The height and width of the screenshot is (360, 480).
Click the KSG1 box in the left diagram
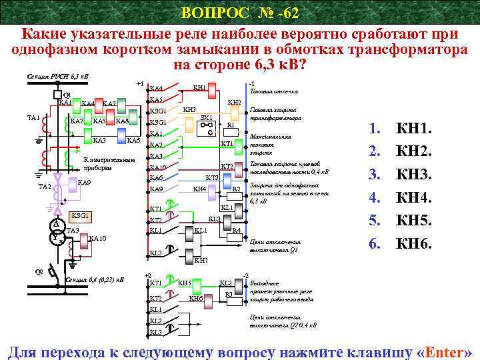coord(81,216)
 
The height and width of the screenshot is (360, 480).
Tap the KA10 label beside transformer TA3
coord(97,238)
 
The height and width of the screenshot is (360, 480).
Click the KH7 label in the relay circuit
coord(201,259)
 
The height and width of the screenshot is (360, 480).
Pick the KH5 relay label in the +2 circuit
coord(185,283)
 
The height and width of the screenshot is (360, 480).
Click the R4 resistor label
coord(236,230)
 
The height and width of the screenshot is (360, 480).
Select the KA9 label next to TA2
coord(85,182)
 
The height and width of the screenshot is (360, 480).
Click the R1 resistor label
coord(230,125)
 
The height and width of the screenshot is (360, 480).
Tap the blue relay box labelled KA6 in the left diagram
coord(133,141)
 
